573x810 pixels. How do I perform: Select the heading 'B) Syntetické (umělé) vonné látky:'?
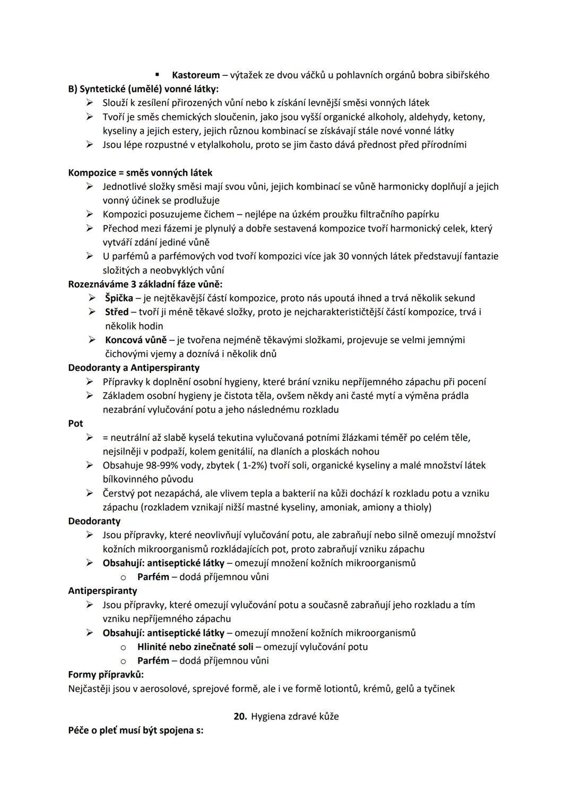tap(143, 89)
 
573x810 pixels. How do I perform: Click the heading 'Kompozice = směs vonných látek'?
tap(140, 172)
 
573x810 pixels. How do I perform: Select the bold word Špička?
tap(119, 298)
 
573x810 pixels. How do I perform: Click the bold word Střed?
tap(117, 312)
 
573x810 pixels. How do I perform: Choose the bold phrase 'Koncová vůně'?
tap(136, 339)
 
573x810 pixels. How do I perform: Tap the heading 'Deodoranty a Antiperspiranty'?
tap(134, 368)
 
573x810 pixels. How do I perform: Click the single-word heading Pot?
tap(75, 423)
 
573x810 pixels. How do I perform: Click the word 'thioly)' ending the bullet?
tap(416, 507)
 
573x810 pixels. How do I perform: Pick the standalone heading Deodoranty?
tap(94, 521)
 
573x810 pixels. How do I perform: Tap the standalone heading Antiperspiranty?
tap(102, 590)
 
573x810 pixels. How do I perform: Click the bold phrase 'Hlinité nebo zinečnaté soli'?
tap(195, 647)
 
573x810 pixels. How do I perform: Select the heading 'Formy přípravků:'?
tap(106, 675)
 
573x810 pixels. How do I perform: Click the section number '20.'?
tap(240, 716)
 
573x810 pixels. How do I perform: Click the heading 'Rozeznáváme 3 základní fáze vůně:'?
tap(145, 284)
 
